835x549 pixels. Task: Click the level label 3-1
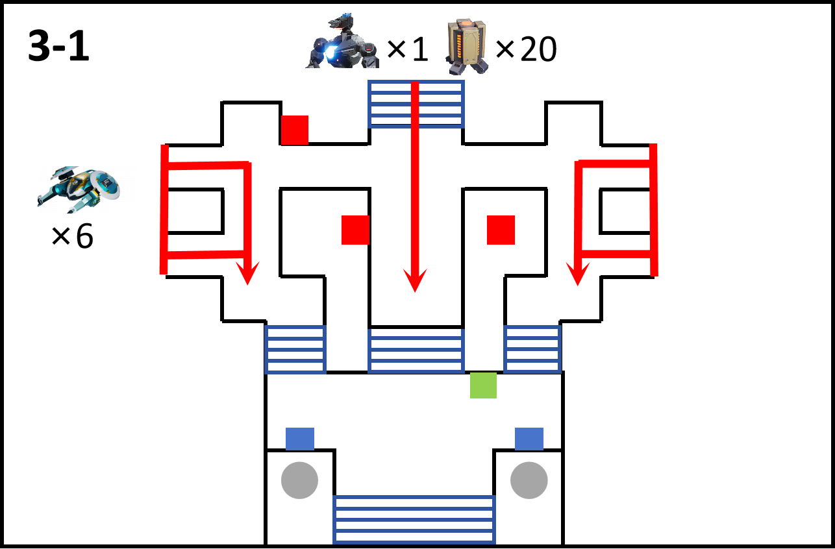58,46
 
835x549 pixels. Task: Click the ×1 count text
407,49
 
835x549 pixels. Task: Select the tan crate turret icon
467,46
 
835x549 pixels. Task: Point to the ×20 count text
527,49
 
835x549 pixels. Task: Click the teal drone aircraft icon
79,189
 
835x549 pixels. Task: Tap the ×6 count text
72,236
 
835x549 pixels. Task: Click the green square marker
483,385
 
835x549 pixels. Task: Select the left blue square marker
300,439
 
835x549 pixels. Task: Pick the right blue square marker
529,439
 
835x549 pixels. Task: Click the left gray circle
300,480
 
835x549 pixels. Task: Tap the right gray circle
529,480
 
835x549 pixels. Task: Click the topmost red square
295,130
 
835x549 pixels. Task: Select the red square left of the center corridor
355,230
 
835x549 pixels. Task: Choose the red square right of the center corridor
501,230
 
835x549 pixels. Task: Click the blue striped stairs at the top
416,104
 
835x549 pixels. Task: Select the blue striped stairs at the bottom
414,520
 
